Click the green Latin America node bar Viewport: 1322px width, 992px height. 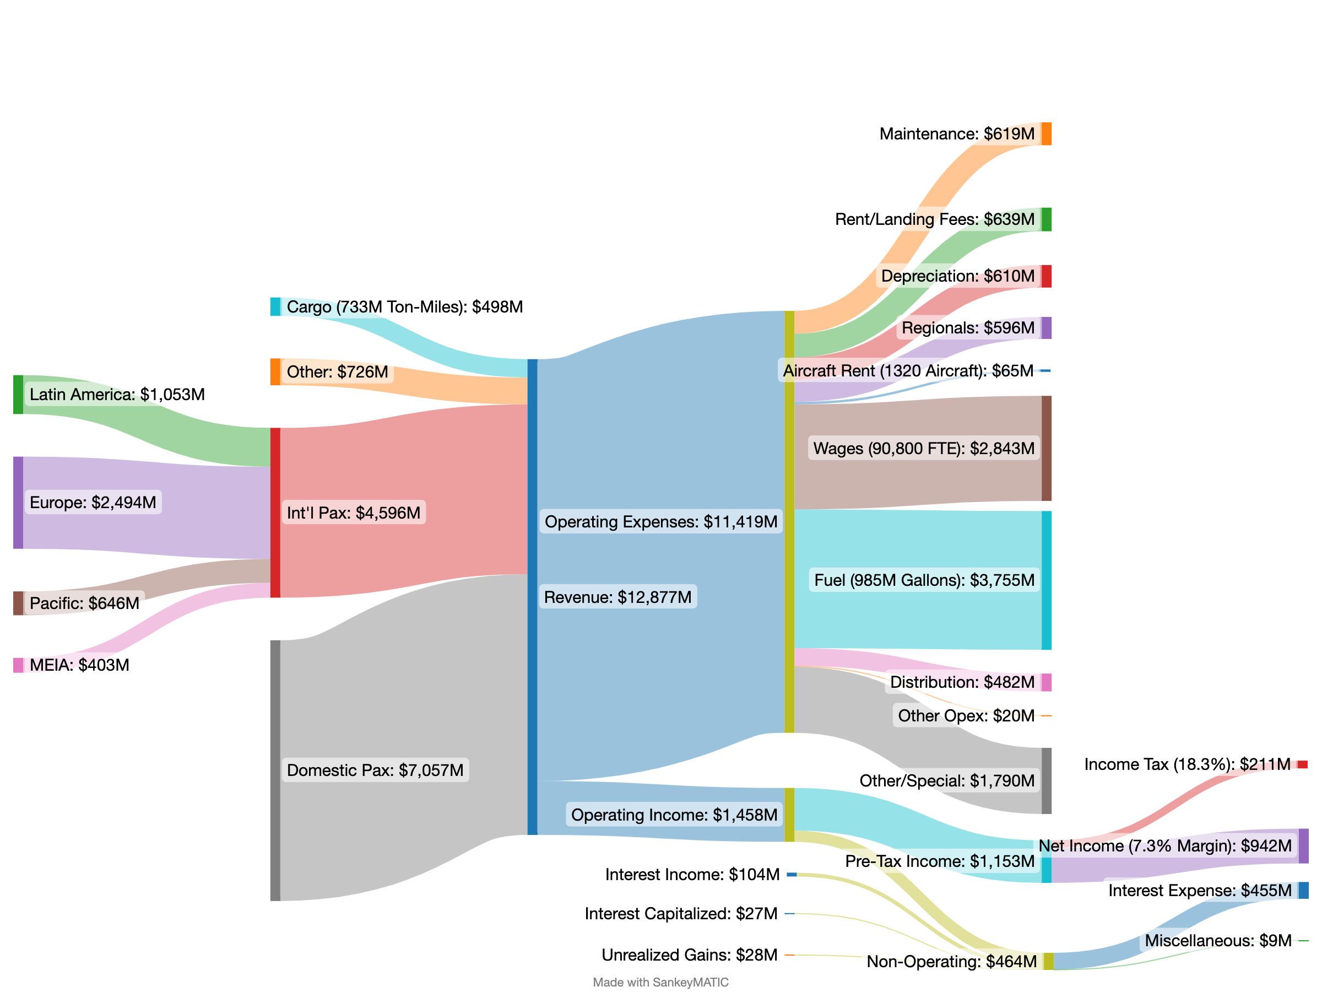point(18,395)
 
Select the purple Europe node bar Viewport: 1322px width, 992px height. point(18,502)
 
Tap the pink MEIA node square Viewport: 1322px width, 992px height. point(18,665)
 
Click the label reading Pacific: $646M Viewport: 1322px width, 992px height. point(84,603)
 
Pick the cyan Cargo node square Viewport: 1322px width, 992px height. point(275,307)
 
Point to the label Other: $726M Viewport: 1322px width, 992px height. point(337,372)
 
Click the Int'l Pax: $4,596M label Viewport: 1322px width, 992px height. point(353,513)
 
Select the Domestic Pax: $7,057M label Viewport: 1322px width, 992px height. point(375,769)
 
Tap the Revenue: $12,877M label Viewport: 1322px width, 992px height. point(617,597)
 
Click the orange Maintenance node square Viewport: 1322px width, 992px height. point(1047,134)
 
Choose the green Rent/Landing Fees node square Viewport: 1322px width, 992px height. point(1047,219)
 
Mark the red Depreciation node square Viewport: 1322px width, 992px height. point(1047,276)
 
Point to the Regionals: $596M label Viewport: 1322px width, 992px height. point(968,328)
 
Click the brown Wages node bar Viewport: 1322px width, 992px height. point(1047,449)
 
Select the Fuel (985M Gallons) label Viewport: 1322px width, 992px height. point(924,580)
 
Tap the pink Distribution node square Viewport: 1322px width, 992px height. point(1047,682)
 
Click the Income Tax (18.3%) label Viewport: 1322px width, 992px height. point(1186,764)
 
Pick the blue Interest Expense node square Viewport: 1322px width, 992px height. point(1303,891)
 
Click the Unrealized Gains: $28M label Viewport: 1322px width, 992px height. point(689,955)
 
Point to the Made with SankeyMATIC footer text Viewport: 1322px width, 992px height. point(660,983)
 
